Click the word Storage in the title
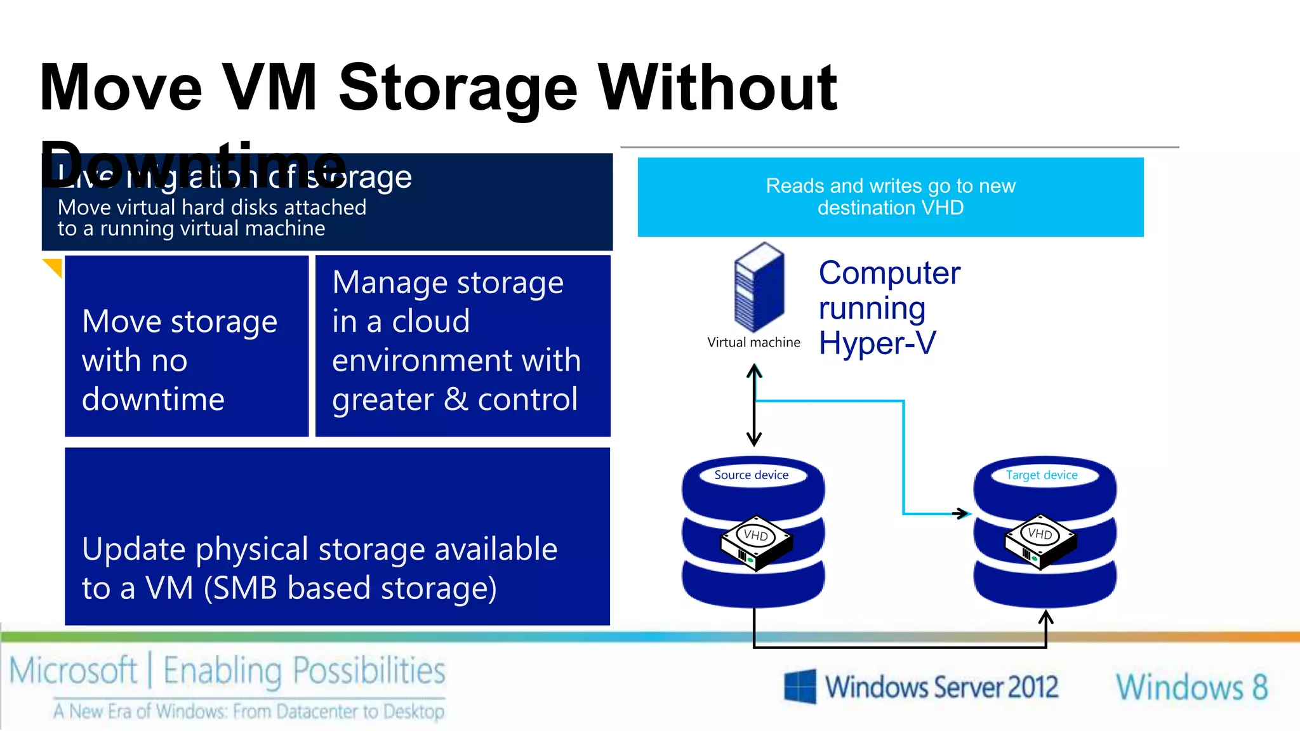pyautogui.click(x=458, y=89)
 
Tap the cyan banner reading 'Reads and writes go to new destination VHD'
pyautogui.click(x=890, y=197)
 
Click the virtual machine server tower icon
pyautogui.click(x=759, y=287)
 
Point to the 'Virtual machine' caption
pyautogui.click(x=753, y=343)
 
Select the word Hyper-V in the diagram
pyautogui.click(x=877, y=343)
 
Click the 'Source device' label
pyautogui.click(x=751, y=475)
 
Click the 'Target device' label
pyautogui.click(x=1042, y=475)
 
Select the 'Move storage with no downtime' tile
pyautogui.click(x=186, y=346)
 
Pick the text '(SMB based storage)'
pyautogui.click(x=350, y=588)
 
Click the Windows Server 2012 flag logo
pyautogui.click(x=799, y=686)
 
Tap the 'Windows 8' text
pyautogui.click(x=1191, y=687)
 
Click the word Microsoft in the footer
pyautogui.click(x=73, y=671)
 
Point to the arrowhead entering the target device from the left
pyautogui.click(x=964, y=513)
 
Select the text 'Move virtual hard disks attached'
pyautogui.click(x=212, y=207)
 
